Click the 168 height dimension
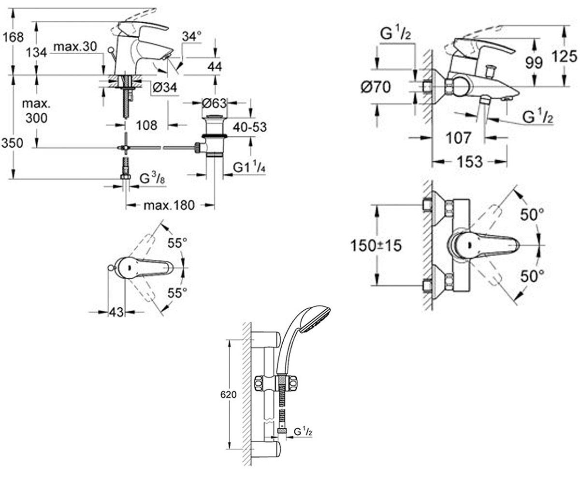coord(13,37)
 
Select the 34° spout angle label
coord(192,36)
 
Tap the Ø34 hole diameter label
coord(165,88)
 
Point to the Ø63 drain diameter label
coord(214,104)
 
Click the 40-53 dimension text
coord(250,127)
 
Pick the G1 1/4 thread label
coord(249,168)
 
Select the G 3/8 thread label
coord(152,179)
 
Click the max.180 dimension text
coord(169,206)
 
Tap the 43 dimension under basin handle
coord(116,312)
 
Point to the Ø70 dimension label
coord(376,87)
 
